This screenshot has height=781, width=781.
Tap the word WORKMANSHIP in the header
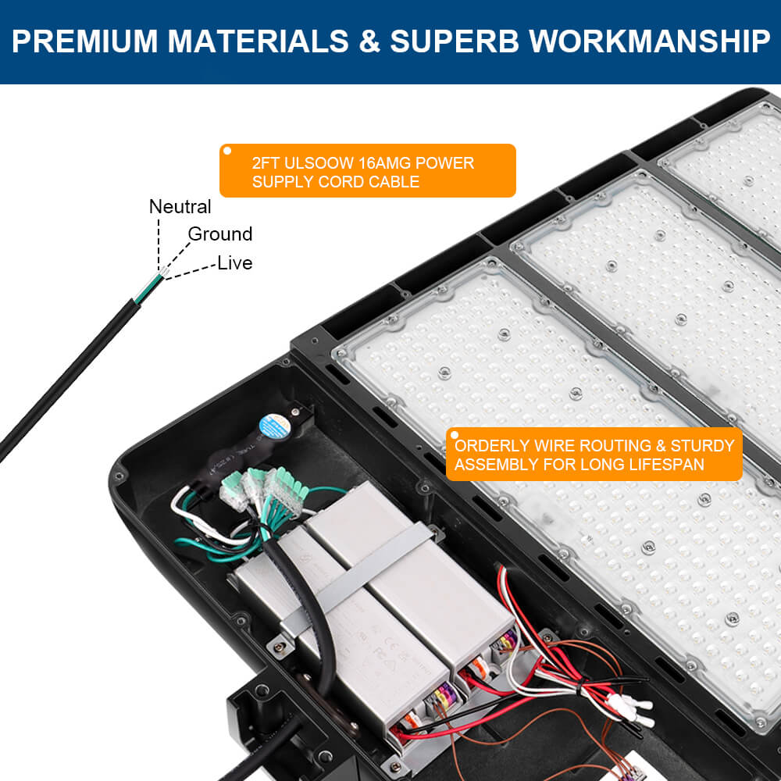click(650, 41)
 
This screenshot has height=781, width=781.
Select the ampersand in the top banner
click(369, 41)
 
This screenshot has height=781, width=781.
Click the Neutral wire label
click(180, 207)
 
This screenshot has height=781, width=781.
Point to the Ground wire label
click(220, 234)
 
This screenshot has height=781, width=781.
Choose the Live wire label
click(235, 263)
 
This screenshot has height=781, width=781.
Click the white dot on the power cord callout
click(227, 151)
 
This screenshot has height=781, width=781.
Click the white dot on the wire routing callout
click(452, 434)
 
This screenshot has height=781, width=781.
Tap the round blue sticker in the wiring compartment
click(274, 426)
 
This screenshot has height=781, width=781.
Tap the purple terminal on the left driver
click(444, 694)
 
